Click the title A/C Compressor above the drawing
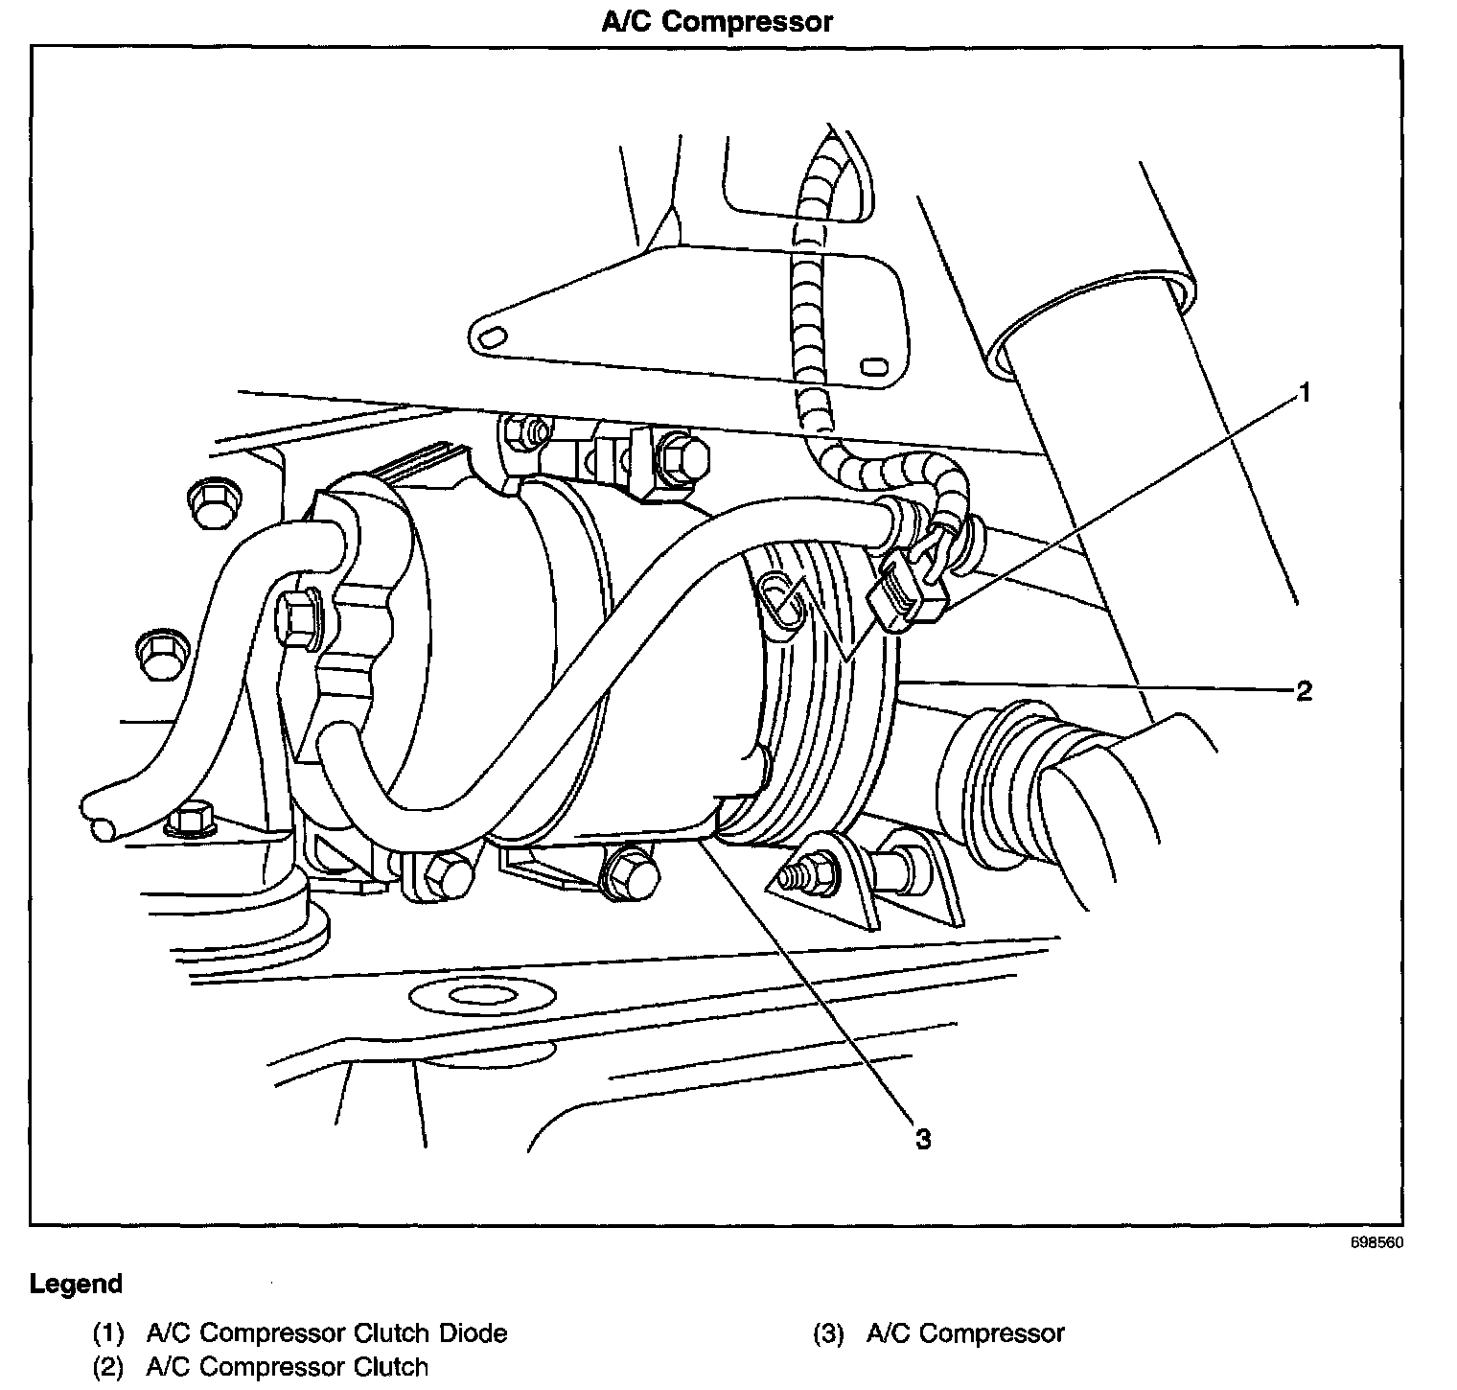[717, 22]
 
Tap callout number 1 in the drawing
[1303, 392]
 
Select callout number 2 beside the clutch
[1304, 690]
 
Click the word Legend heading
[77, 1284]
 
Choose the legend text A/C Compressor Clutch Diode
[327, 1333]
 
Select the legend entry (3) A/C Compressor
[939, 1333]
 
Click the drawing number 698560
[1381, 1243]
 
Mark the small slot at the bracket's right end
[872, 367]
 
